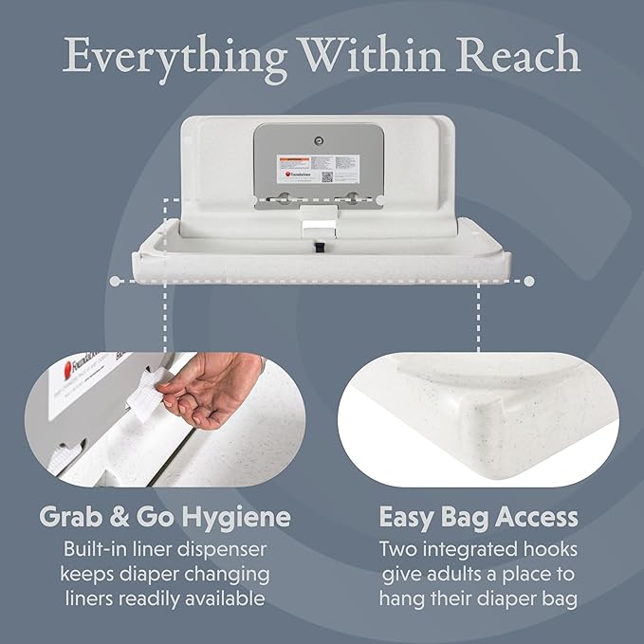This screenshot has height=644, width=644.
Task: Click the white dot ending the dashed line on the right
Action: click(529, 281)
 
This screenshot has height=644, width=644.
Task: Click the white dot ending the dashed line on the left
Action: click(114, 281)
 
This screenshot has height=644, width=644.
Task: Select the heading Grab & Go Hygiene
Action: click(163, 518)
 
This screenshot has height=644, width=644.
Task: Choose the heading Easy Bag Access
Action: click(479, 518)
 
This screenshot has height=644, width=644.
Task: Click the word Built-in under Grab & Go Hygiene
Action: click(96, 549)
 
